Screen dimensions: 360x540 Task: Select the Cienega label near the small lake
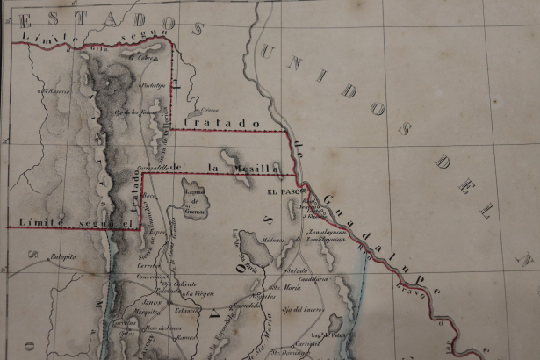coord(209,110)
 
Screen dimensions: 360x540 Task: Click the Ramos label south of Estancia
coord(184,336)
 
